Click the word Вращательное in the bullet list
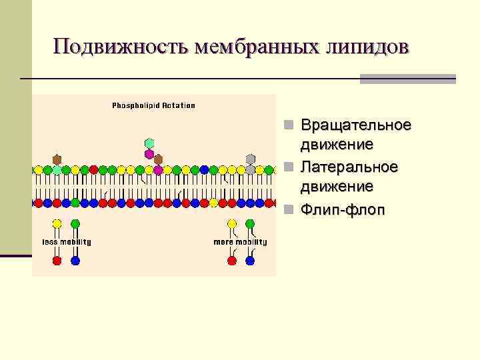coord(356,125)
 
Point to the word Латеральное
coord(349,165)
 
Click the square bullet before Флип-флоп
coord(287,211)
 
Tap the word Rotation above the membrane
coord(176,105)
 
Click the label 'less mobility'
coord(67,242)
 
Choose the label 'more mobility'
coord(240,242)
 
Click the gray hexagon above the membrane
coord(251,159)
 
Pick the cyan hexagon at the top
coord(149,143)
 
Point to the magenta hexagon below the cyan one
coord(149,155)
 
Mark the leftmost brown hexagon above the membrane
coord(57,159)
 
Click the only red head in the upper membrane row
coord(93,170)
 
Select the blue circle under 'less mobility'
coord(75,261)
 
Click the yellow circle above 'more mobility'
coord(232,224)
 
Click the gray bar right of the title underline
coord(407,79)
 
